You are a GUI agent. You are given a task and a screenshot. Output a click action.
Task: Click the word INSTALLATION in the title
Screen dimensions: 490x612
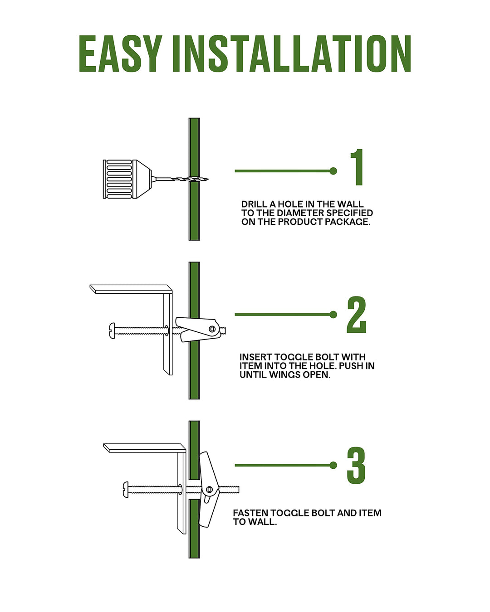click(x=292, y=53)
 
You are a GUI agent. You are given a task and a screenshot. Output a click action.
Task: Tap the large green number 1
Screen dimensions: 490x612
click(x=357, y=167)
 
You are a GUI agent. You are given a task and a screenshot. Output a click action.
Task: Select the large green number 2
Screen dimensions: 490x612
click(x=356, y=314)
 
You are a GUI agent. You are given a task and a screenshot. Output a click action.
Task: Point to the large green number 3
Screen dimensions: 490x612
click(x=356, y=466)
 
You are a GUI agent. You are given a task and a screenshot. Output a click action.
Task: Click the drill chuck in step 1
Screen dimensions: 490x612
click(x=127, y=179)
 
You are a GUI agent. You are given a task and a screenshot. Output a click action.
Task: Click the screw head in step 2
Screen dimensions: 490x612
click(x=112, y=330)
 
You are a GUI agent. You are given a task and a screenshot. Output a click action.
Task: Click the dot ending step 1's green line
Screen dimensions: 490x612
click(x=333, y=171)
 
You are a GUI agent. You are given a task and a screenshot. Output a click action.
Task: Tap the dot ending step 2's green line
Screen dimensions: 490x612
click(x=333, y=315)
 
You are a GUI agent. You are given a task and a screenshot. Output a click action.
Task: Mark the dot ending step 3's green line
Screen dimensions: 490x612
click(x=333, y=466)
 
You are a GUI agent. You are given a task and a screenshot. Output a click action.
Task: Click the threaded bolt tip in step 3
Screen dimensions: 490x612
click(x=237, y=490)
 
